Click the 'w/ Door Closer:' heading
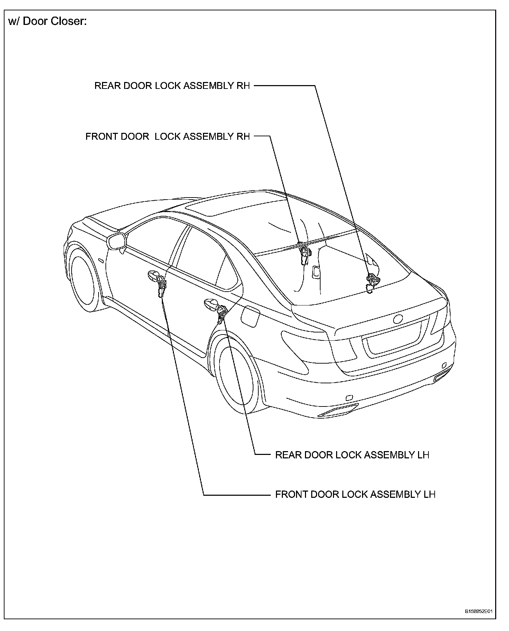point(47,21)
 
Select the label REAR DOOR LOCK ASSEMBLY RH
point(172,86)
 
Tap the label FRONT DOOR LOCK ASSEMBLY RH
point(167,136)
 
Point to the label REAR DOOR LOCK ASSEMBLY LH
point(352,455)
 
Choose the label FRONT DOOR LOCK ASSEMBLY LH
point(355,494)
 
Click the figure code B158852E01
point(479,611)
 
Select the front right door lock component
point(305,255)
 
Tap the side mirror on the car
point(117,241)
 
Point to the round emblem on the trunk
point(398,319)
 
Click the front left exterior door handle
point(152,276)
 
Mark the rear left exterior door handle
point(210,303)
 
